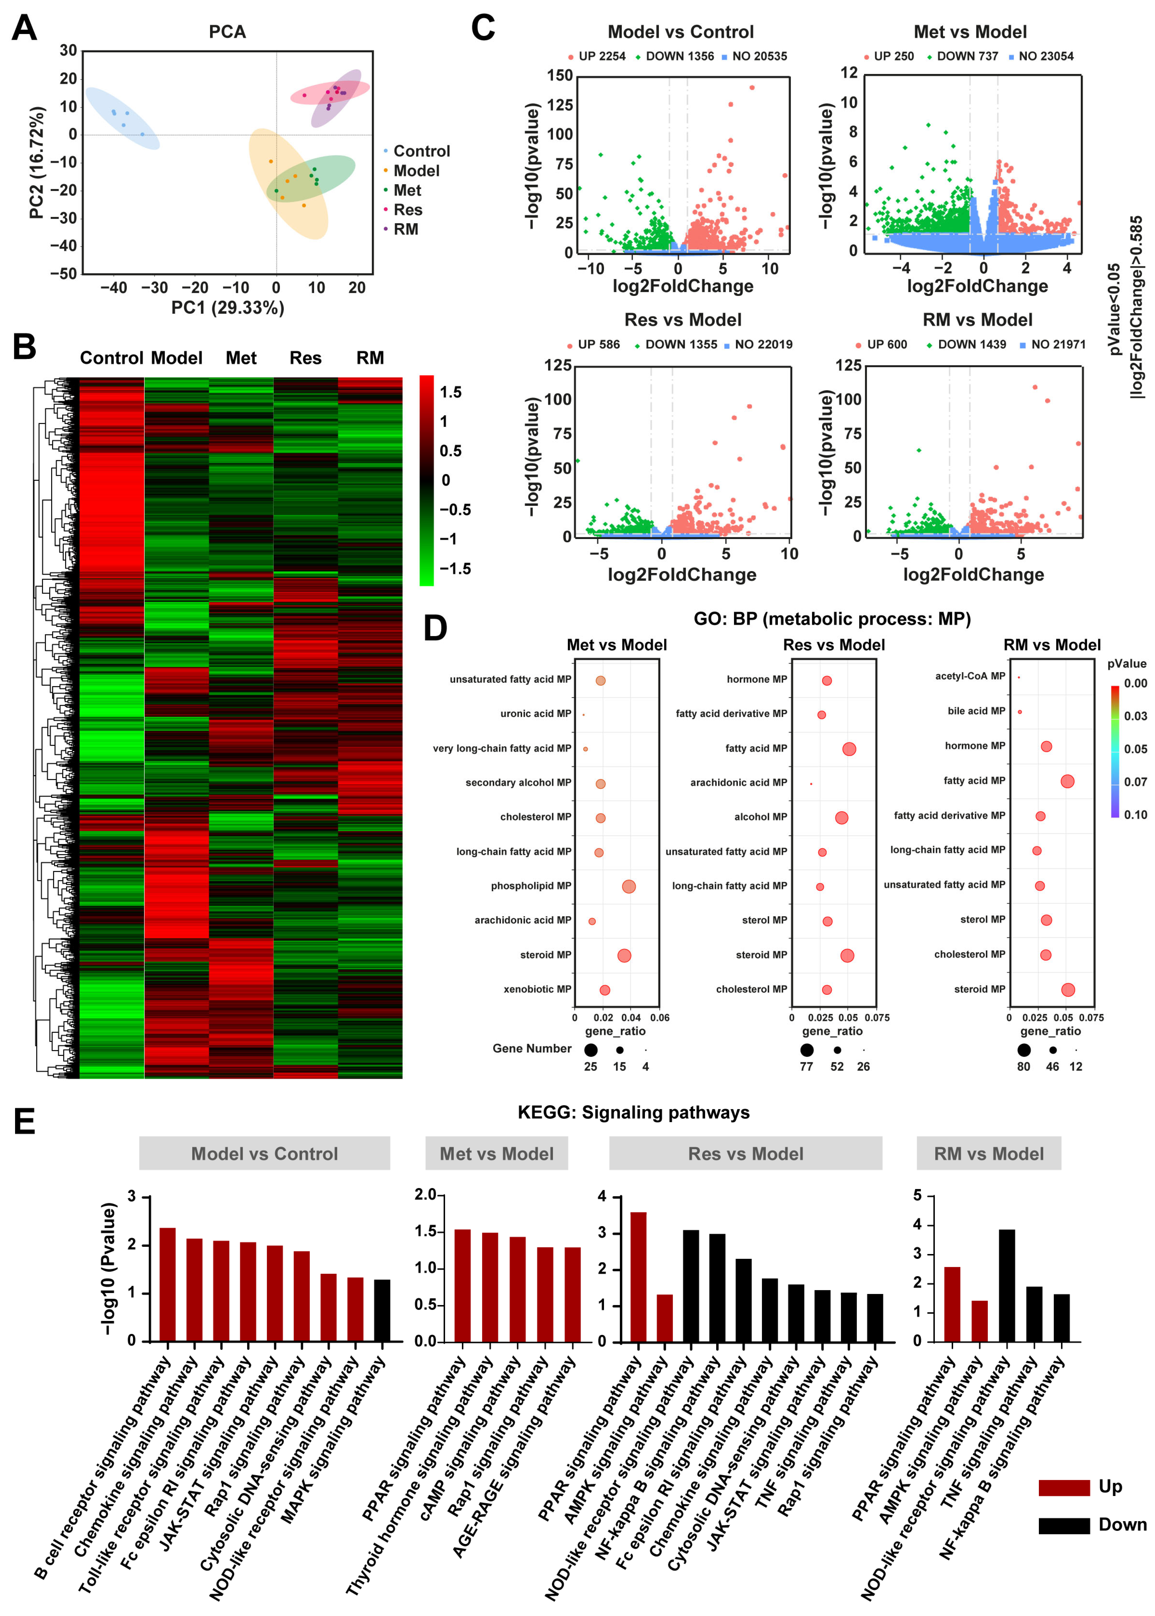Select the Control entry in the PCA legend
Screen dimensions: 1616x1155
pyautogui.click(x=421, y=151)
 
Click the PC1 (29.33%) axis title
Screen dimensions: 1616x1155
pyautogui.click(x=228, y=307)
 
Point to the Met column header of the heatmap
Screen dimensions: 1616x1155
pyautogui.click(x=241, y=358)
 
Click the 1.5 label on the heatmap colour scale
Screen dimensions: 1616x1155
pyautogui.click(x=450, y=392)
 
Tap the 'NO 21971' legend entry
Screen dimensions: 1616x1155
pyautogui.click(x=1057, y=344)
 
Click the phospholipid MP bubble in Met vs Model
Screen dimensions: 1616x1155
pyautogui.click(x=629, y=887)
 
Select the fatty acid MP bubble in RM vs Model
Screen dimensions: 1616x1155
pyautogui.click(x=1067, y=781)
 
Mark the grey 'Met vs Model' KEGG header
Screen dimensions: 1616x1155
pyautogui.click(x=496, y=1153)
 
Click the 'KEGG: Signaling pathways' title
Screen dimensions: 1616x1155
pyautogui.click(x=633, y=1112)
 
